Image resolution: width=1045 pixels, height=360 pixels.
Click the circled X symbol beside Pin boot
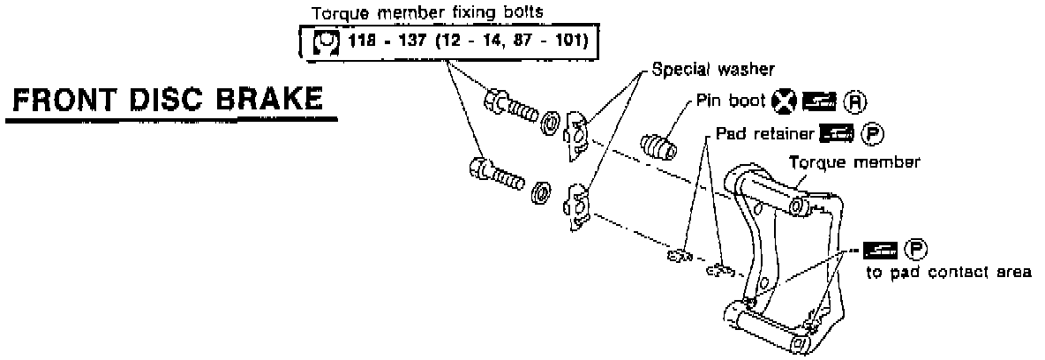coord(782,101)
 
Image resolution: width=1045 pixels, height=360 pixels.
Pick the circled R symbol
coord(853,101)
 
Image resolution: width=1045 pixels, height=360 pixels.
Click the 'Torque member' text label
coord(854,162)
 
